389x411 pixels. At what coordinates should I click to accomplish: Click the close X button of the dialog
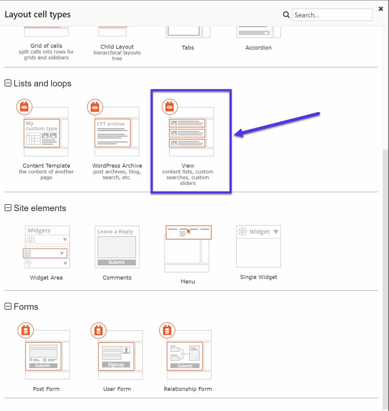point(380,9)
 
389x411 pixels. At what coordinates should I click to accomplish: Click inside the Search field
point(332,15)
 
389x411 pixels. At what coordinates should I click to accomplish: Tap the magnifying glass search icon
point(286,15)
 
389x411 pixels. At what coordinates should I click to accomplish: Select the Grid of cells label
point(46,46)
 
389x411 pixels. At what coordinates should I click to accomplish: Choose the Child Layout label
point(117,47)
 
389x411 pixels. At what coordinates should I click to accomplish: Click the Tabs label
point(188,48)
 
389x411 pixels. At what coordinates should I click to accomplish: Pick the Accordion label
point(258,48)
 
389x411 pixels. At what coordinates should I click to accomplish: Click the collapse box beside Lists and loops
point(8,83)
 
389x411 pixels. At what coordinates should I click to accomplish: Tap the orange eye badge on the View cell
point(169,107)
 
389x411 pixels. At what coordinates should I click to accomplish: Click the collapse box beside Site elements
point(8,208)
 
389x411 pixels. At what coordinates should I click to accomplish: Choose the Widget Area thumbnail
point(47,247)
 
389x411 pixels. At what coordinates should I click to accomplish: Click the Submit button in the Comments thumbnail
point(117,262)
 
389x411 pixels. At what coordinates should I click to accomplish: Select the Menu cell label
point(188,282)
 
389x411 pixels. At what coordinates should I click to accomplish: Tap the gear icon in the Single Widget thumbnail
point(242,232)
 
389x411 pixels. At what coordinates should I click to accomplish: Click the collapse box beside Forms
point(8,306)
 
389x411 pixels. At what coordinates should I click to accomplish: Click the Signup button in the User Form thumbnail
point(116,364)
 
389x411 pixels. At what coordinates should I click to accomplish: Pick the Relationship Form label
point(188,389)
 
